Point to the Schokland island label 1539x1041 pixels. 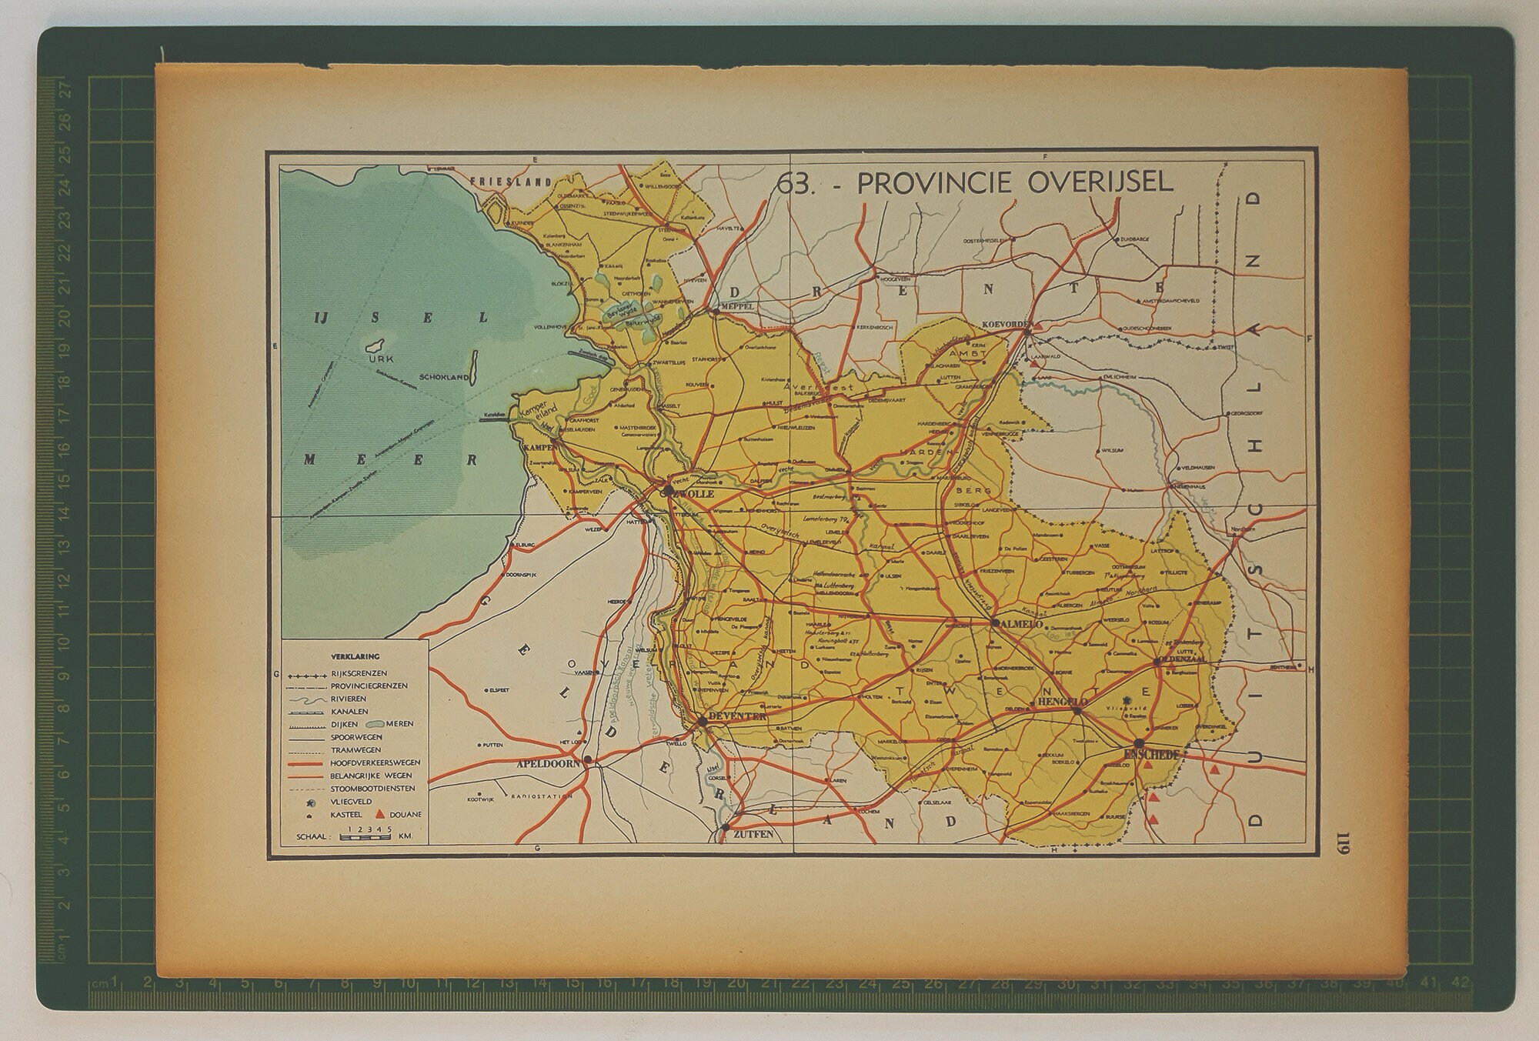444,378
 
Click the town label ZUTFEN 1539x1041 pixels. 752,833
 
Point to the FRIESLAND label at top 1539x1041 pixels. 511,182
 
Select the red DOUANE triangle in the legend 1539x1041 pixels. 379,814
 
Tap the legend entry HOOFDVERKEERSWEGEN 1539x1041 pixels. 375,762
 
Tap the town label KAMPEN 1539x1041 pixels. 538,447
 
